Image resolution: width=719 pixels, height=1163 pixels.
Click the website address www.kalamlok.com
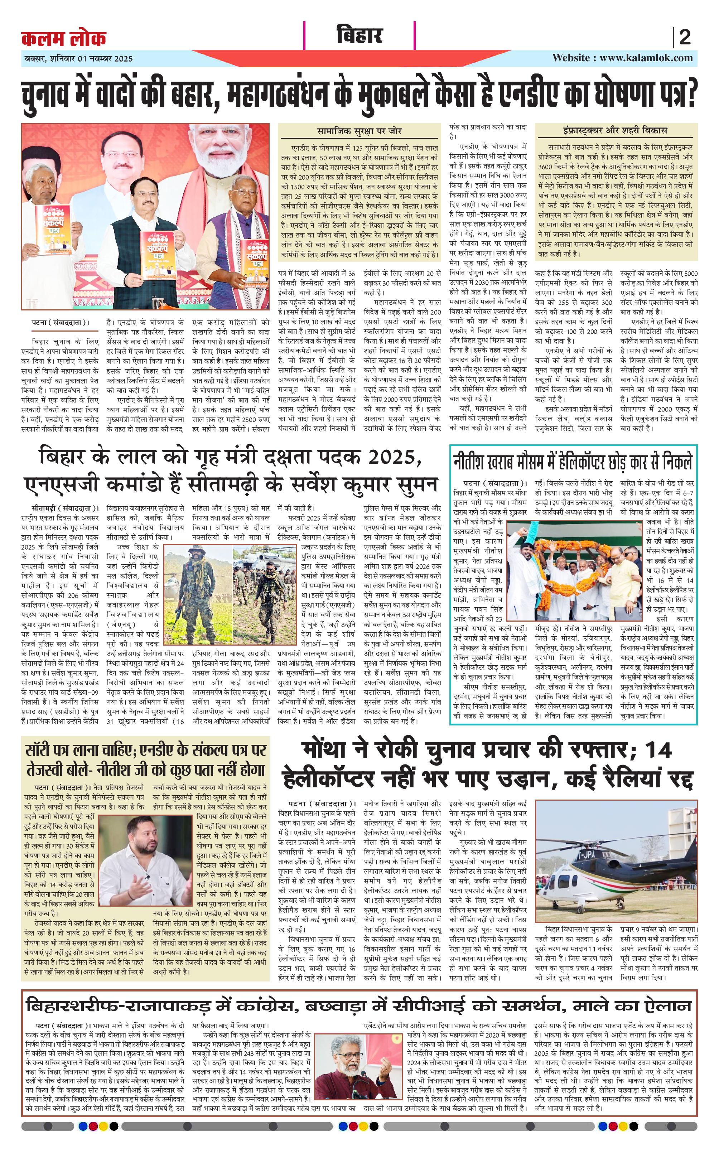[x=646, y=58]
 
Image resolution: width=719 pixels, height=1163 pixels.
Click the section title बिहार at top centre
[x=359, y=36]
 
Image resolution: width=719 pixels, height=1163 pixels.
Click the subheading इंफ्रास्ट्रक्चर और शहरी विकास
[x=616, y=130]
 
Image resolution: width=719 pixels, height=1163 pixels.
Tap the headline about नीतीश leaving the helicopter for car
[x=573, y=462]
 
